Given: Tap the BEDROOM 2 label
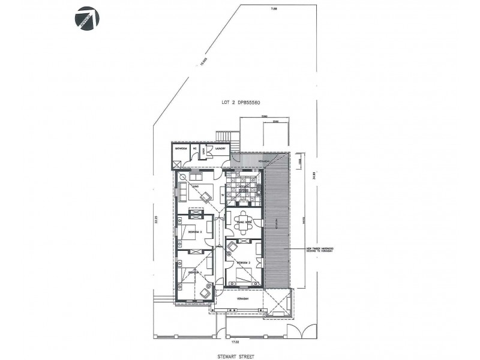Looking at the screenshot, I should [x=244, y=263].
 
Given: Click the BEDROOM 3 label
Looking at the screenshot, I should [x=194, y=231].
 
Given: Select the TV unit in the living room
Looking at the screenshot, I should [x=223, y=195].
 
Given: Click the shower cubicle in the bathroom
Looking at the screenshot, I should [x=177, y=163].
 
